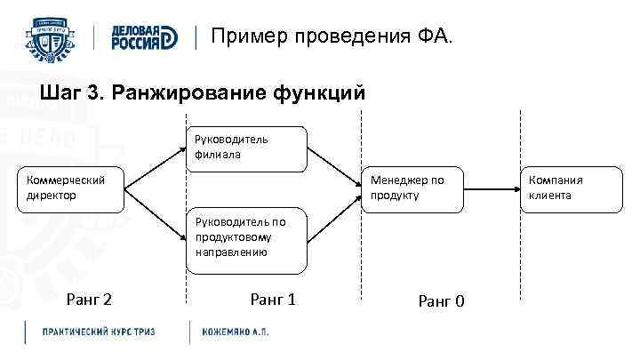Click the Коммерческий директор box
(69, 188)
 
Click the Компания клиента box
(556, 188)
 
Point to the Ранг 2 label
(89, 300)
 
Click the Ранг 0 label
(441, 301)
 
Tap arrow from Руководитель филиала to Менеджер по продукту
(334, 167)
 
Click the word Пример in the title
(250, 36)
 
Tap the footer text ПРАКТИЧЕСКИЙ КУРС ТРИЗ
(99, 332)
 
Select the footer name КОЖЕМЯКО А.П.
(236, 332)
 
